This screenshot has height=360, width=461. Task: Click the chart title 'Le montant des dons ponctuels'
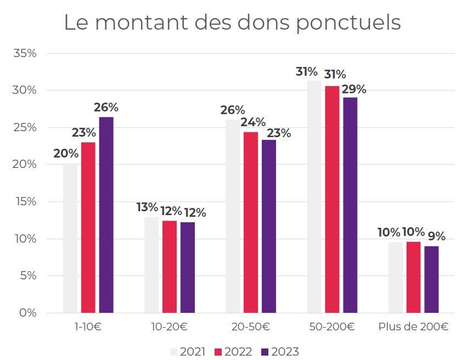[232, 22]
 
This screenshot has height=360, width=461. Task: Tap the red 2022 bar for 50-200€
[332, 199]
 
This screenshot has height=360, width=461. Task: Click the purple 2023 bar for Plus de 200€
[431, 279]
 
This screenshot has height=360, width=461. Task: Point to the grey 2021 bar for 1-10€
[70, 238]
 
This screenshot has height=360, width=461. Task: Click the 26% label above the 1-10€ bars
[106, 108]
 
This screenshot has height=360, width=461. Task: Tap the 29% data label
[354, 89]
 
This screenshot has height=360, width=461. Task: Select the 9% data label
[437, 237]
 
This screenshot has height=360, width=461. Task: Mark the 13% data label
[147, 207]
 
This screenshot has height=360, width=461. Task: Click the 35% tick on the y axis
[25, 53]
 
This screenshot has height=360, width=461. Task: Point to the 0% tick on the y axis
[28, 313]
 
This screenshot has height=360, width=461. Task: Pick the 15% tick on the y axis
[25, 201]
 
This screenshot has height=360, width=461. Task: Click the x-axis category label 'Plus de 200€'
[413, 327]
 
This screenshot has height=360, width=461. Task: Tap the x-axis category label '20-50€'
[250, 327]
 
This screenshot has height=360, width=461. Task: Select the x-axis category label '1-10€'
[88, 327]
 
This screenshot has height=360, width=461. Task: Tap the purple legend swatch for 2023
[264, 352]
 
